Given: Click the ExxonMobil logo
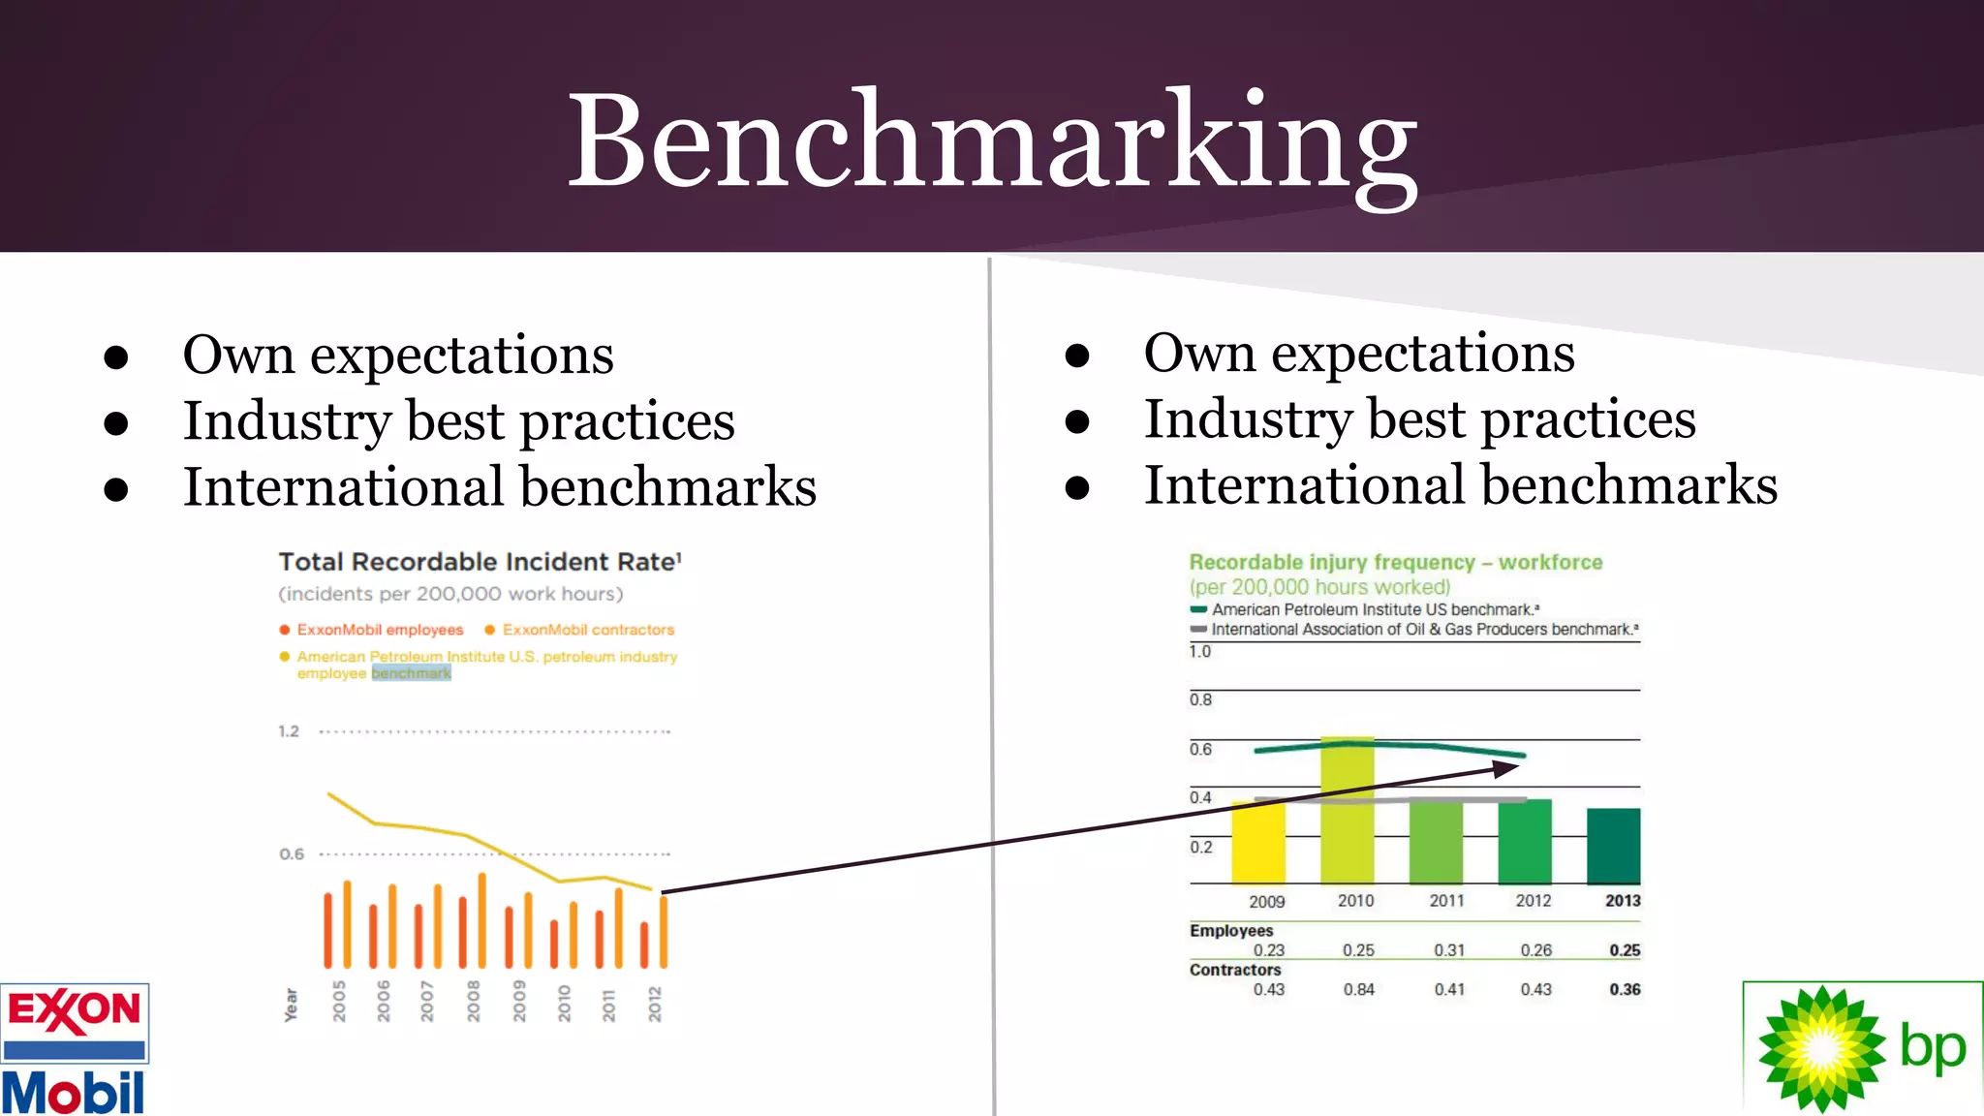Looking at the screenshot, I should pos(75,1049).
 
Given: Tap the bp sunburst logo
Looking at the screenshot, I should pos(1821,1048).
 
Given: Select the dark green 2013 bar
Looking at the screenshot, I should pos(1613,846).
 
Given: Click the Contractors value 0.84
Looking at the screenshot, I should pos(1358,989).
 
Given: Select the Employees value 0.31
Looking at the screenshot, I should pos(1449,950).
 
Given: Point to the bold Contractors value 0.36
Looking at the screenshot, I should pos(1625,989).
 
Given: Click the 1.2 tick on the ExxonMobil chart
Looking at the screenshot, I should pos(289,731).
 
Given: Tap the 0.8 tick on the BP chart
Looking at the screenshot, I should pos(1200,699).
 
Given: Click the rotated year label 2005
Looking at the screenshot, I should pos(339,1001).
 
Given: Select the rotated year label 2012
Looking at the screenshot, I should pos(655,1004).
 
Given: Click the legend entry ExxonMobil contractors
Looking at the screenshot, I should pos(587,630).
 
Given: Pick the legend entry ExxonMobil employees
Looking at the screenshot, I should pos(379,630).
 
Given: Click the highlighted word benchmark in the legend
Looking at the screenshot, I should pos(411,673).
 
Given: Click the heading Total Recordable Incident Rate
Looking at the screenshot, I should pos(480,562).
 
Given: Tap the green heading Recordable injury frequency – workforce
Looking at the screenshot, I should pos(1395,562).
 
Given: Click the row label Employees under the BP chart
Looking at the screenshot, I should pos(1231,930).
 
